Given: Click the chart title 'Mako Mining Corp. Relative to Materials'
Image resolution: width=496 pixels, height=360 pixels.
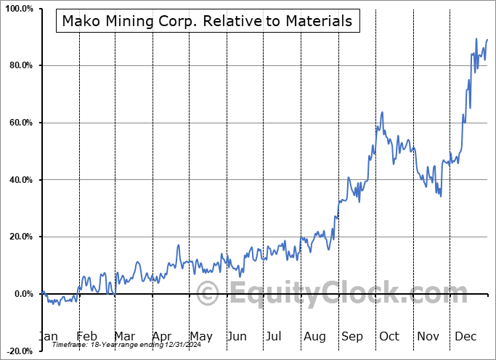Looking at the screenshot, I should pyautogui.click(x=207, y=21).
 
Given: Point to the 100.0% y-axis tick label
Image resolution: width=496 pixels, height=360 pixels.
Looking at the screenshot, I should pyautogui.click(x=18, y=9).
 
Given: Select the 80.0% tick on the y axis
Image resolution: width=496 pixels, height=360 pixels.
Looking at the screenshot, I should pyautogui.click(x=20, y=66).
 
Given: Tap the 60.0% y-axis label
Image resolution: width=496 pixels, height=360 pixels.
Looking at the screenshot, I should pyautogui.click(x=20, y=123).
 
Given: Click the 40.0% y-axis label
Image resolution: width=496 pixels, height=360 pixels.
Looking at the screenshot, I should pyautogui.click(x=20, y=180).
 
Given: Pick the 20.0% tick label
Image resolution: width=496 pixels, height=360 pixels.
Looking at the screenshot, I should pyautogui.click(x=20, y=237).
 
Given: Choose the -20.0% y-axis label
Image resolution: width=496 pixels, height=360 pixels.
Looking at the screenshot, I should pyautogui.click(x=18, y=351).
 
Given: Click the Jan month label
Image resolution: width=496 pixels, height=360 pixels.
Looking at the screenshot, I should pyautogui.click(x=47, y=337).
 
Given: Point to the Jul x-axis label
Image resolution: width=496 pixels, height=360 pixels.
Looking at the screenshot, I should pyautogui.click(x=274, y=337).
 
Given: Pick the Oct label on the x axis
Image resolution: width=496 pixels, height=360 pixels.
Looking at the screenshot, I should pyautogui.click(x=389, y=337).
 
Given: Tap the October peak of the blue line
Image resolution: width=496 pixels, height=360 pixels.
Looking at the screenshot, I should pyautogui.click(x=382, y=112).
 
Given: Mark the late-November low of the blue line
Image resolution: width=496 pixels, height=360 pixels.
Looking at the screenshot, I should pyautogui.click(x=440, y=195).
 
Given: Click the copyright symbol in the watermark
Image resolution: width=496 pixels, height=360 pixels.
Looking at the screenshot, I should pyautogui.click(x=209, y=294).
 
